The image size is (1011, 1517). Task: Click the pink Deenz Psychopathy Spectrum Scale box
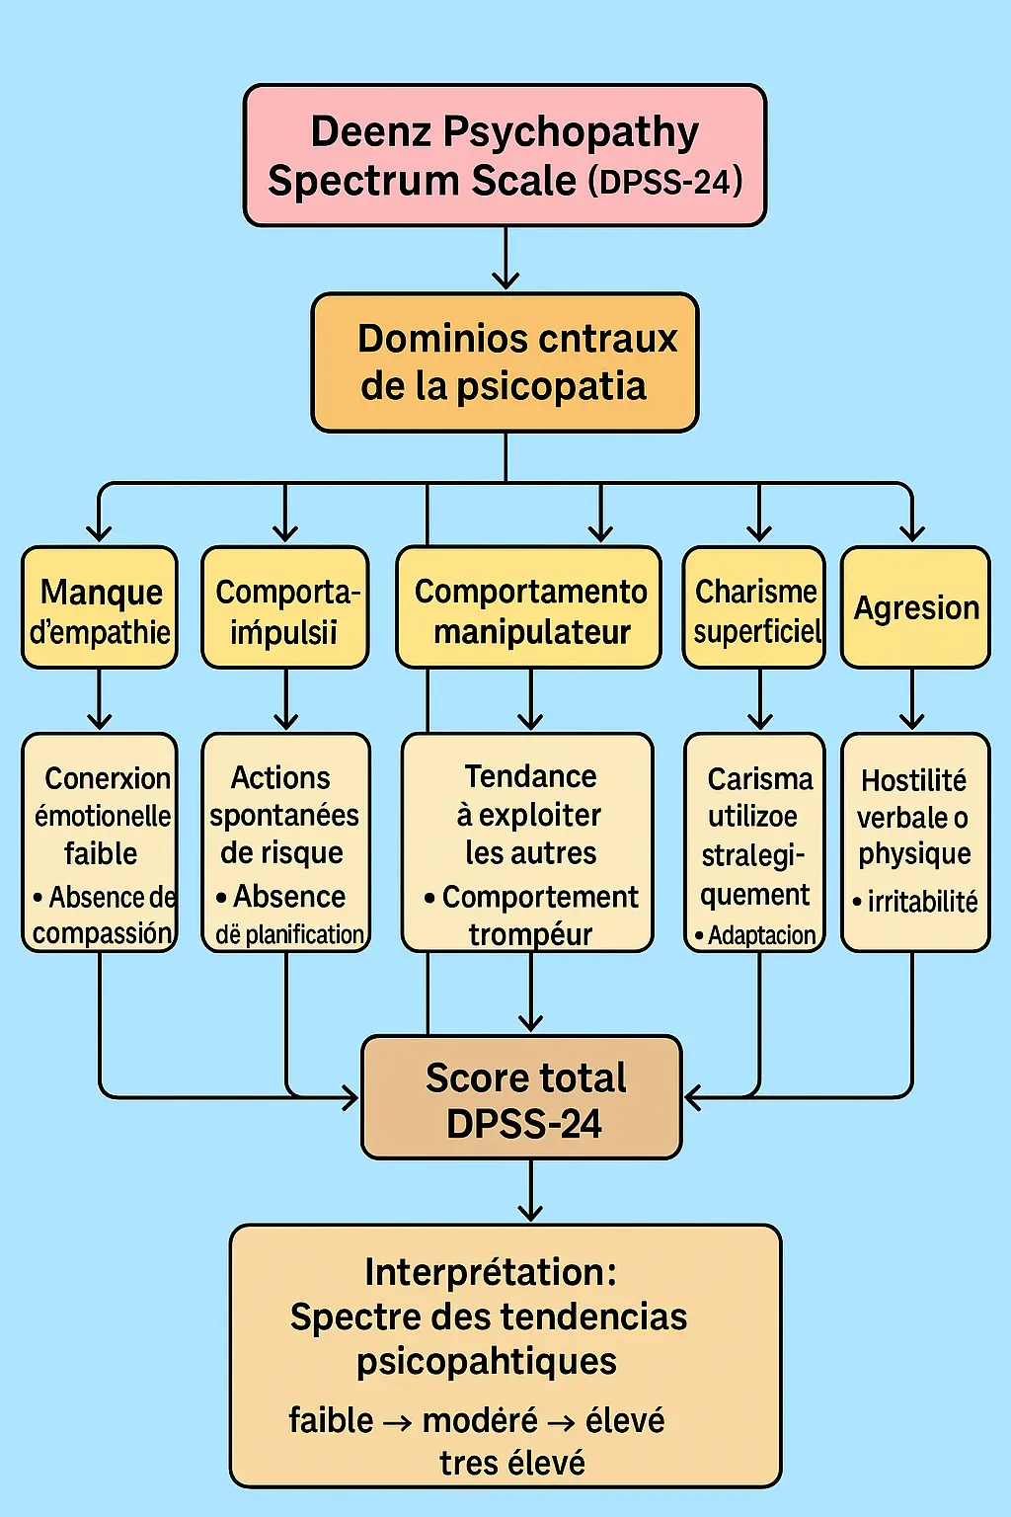click(x=505, y=155)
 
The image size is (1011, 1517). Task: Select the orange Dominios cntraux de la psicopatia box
click(x=505, y=362)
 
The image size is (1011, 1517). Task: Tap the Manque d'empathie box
click(x=100, y=607)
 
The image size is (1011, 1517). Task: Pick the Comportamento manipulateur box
click(x=529, y=607)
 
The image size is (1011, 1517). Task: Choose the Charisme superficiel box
click(x=755, y=607)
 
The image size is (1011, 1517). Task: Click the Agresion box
click(x=915, y=607)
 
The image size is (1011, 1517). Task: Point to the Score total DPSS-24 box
click(x=522, y=1097)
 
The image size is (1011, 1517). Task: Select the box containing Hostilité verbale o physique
click(x=915, y=841)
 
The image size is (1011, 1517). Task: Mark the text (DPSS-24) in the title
click(x=665, y=183)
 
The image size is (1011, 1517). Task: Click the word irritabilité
click(x=922, y=902)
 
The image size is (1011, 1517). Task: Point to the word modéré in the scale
click(x=480, y=1421)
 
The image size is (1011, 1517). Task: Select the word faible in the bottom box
click(x=331, y=1421)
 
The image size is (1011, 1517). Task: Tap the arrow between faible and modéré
click(x=397, y=1423)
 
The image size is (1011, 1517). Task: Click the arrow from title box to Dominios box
click(x=505, y=259)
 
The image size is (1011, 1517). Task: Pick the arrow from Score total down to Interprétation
click(x=531, y=1191)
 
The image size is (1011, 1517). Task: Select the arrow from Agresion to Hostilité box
click(x=912, y=700)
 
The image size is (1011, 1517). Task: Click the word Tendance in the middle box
click(x=530, y=777)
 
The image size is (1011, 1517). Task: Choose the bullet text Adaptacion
click(x=761, y=935)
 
